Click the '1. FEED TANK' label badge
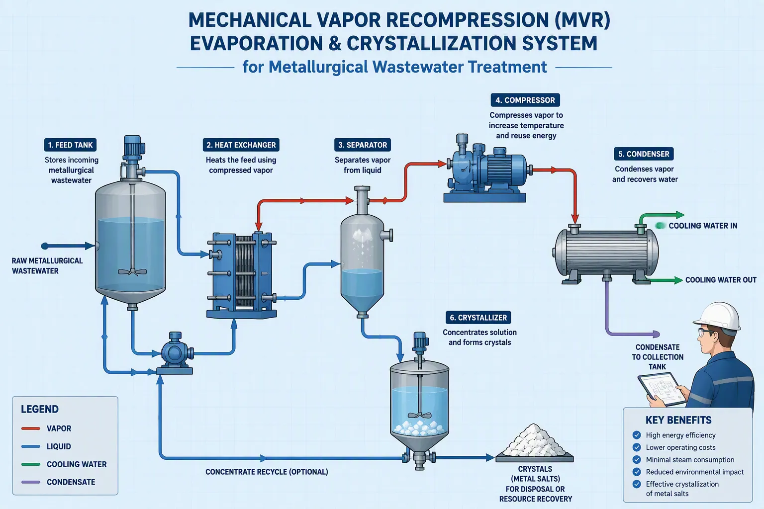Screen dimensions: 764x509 [x=70, y=145]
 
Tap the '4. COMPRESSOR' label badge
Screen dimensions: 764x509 [x=525, y=100]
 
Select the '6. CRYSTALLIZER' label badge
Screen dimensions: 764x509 [x=478, y=318]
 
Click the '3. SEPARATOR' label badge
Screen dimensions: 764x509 [x=363, y=145]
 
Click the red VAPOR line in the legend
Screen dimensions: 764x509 [x=31, y=428]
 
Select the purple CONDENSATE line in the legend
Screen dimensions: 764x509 [x=31, y=482]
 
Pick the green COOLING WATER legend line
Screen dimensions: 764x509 [x=31, y=464]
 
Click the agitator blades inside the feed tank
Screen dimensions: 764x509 [x=132, y=271]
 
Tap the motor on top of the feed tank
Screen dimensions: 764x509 [x=132, y=147]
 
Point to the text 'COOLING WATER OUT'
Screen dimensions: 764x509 [x=721, y=280]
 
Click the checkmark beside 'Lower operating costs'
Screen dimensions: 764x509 [x=637, y=447]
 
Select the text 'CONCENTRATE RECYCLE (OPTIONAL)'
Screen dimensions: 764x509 [x=267, y=472]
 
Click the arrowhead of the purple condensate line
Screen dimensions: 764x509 [x=656, y=334]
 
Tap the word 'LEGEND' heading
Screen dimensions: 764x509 [x=40, y=409]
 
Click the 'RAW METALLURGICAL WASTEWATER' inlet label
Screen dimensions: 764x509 [x=47, y=266]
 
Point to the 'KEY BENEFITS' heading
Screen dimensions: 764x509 [x=678, y=420]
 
